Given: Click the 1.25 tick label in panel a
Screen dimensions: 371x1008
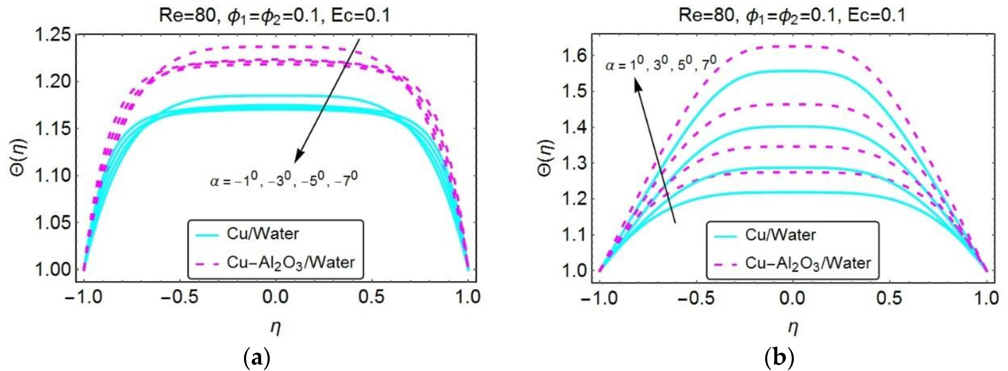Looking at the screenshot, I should click(53, 35).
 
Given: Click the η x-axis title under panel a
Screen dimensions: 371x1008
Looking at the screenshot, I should click(275, 328).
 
